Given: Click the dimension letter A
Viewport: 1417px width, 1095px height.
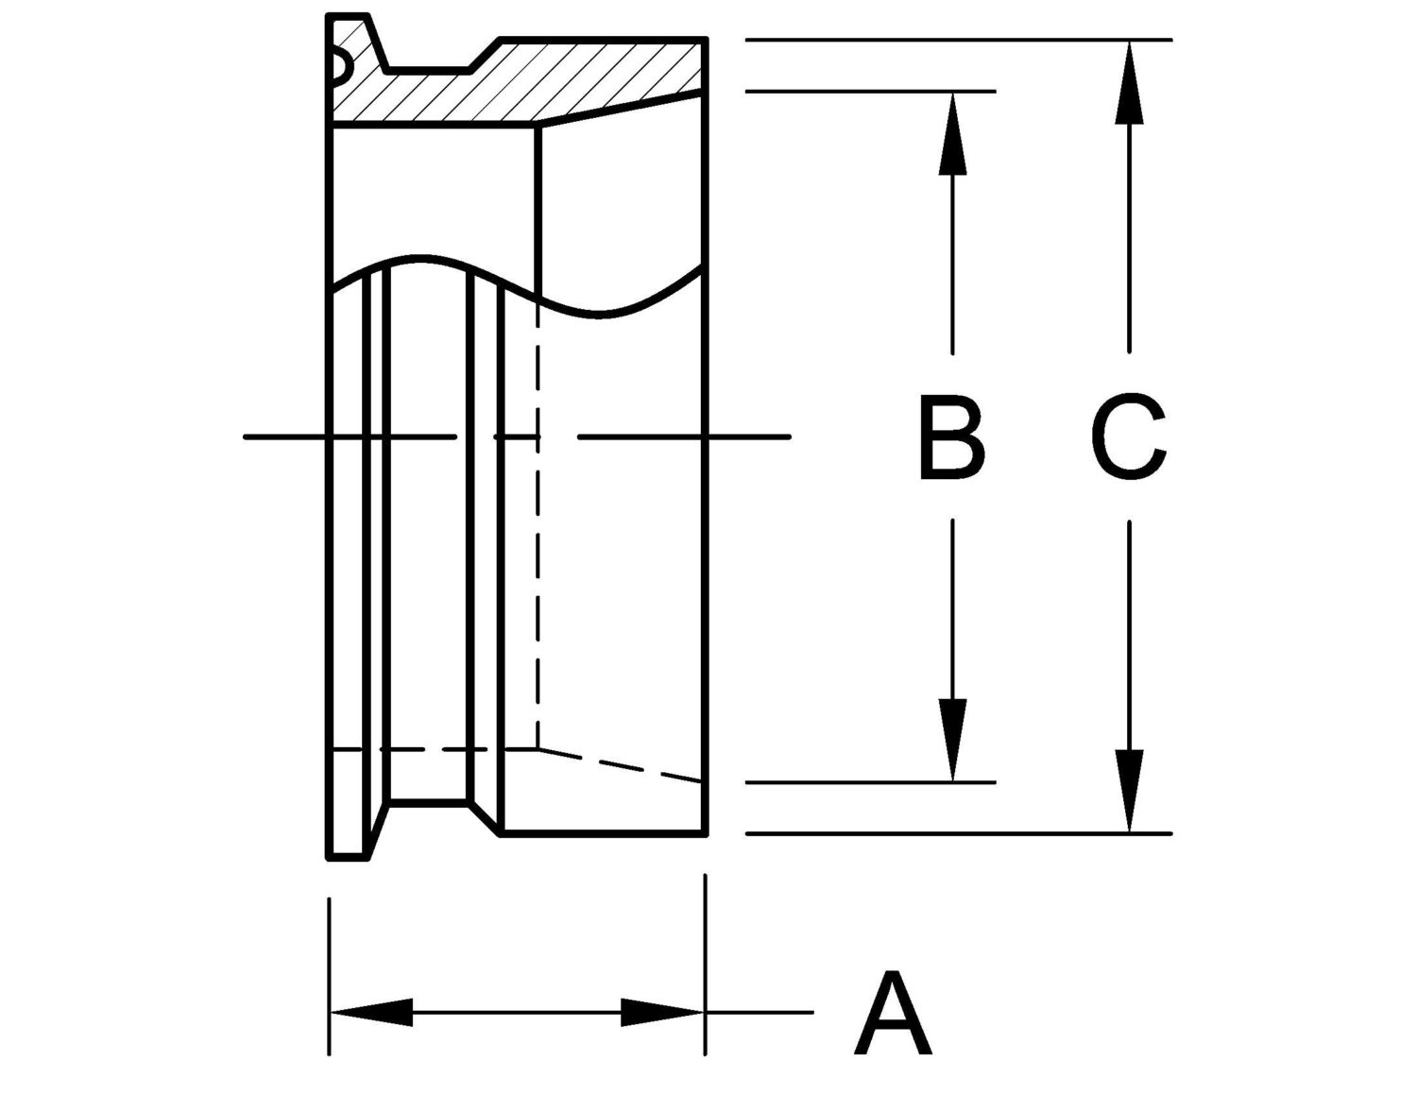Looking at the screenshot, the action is click(892, 1021).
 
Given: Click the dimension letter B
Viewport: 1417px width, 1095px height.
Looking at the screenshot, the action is click(952, 436).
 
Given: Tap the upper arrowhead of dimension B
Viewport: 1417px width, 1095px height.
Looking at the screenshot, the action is click(953, 134).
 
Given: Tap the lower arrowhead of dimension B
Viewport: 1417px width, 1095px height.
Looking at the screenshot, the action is click(953, 740).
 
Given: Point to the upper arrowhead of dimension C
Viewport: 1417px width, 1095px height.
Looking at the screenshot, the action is click(1130, 82).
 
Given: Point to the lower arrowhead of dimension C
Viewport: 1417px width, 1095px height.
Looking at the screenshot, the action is click(1130, 792).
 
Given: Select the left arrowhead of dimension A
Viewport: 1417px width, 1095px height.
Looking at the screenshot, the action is click(372, 1031).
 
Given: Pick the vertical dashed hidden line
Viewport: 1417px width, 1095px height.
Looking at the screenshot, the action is click(538, 525).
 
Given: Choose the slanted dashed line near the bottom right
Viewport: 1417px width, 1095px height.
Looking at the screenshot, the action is click(620, 764).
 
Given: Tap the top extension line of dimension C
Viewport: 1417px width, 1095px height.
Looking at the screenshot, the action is click(959, 40).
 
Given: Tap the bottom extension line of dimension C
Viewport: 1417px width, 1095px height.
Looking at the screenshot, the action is click(959, 833).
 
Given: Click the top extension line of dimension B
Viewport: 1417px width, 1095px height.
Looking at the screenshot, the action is click(871, 92).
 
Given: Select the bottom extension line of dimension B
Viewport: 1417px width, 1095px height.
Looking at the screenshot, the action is click(871, 782).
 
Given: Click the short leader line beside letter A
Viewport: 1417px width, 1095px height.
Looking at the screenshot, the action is click(760, 1031).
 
